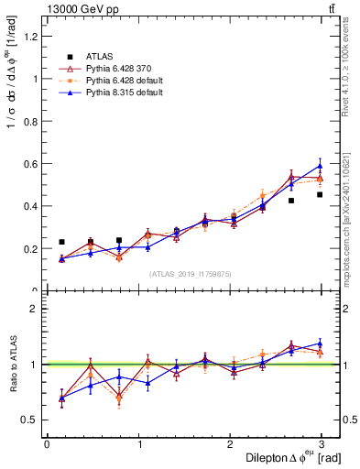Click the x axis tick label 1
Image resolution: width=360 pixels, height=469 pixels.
tap(138, 444)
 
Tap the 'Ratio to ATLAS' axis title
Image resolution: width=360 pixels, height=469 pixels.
tap(12, 365)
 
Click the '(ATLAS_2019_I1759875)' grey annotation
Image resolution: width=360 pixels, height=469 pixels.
tap(191, 273)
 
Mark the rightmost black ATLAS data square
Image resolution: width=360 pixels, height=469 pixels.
tap(320, 194)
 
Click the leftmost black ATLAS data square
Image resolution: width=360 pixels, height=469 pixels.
tap(61, 242)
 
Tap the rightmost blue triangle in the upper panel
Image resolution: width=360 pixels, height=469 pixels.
tap(320, 166)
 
